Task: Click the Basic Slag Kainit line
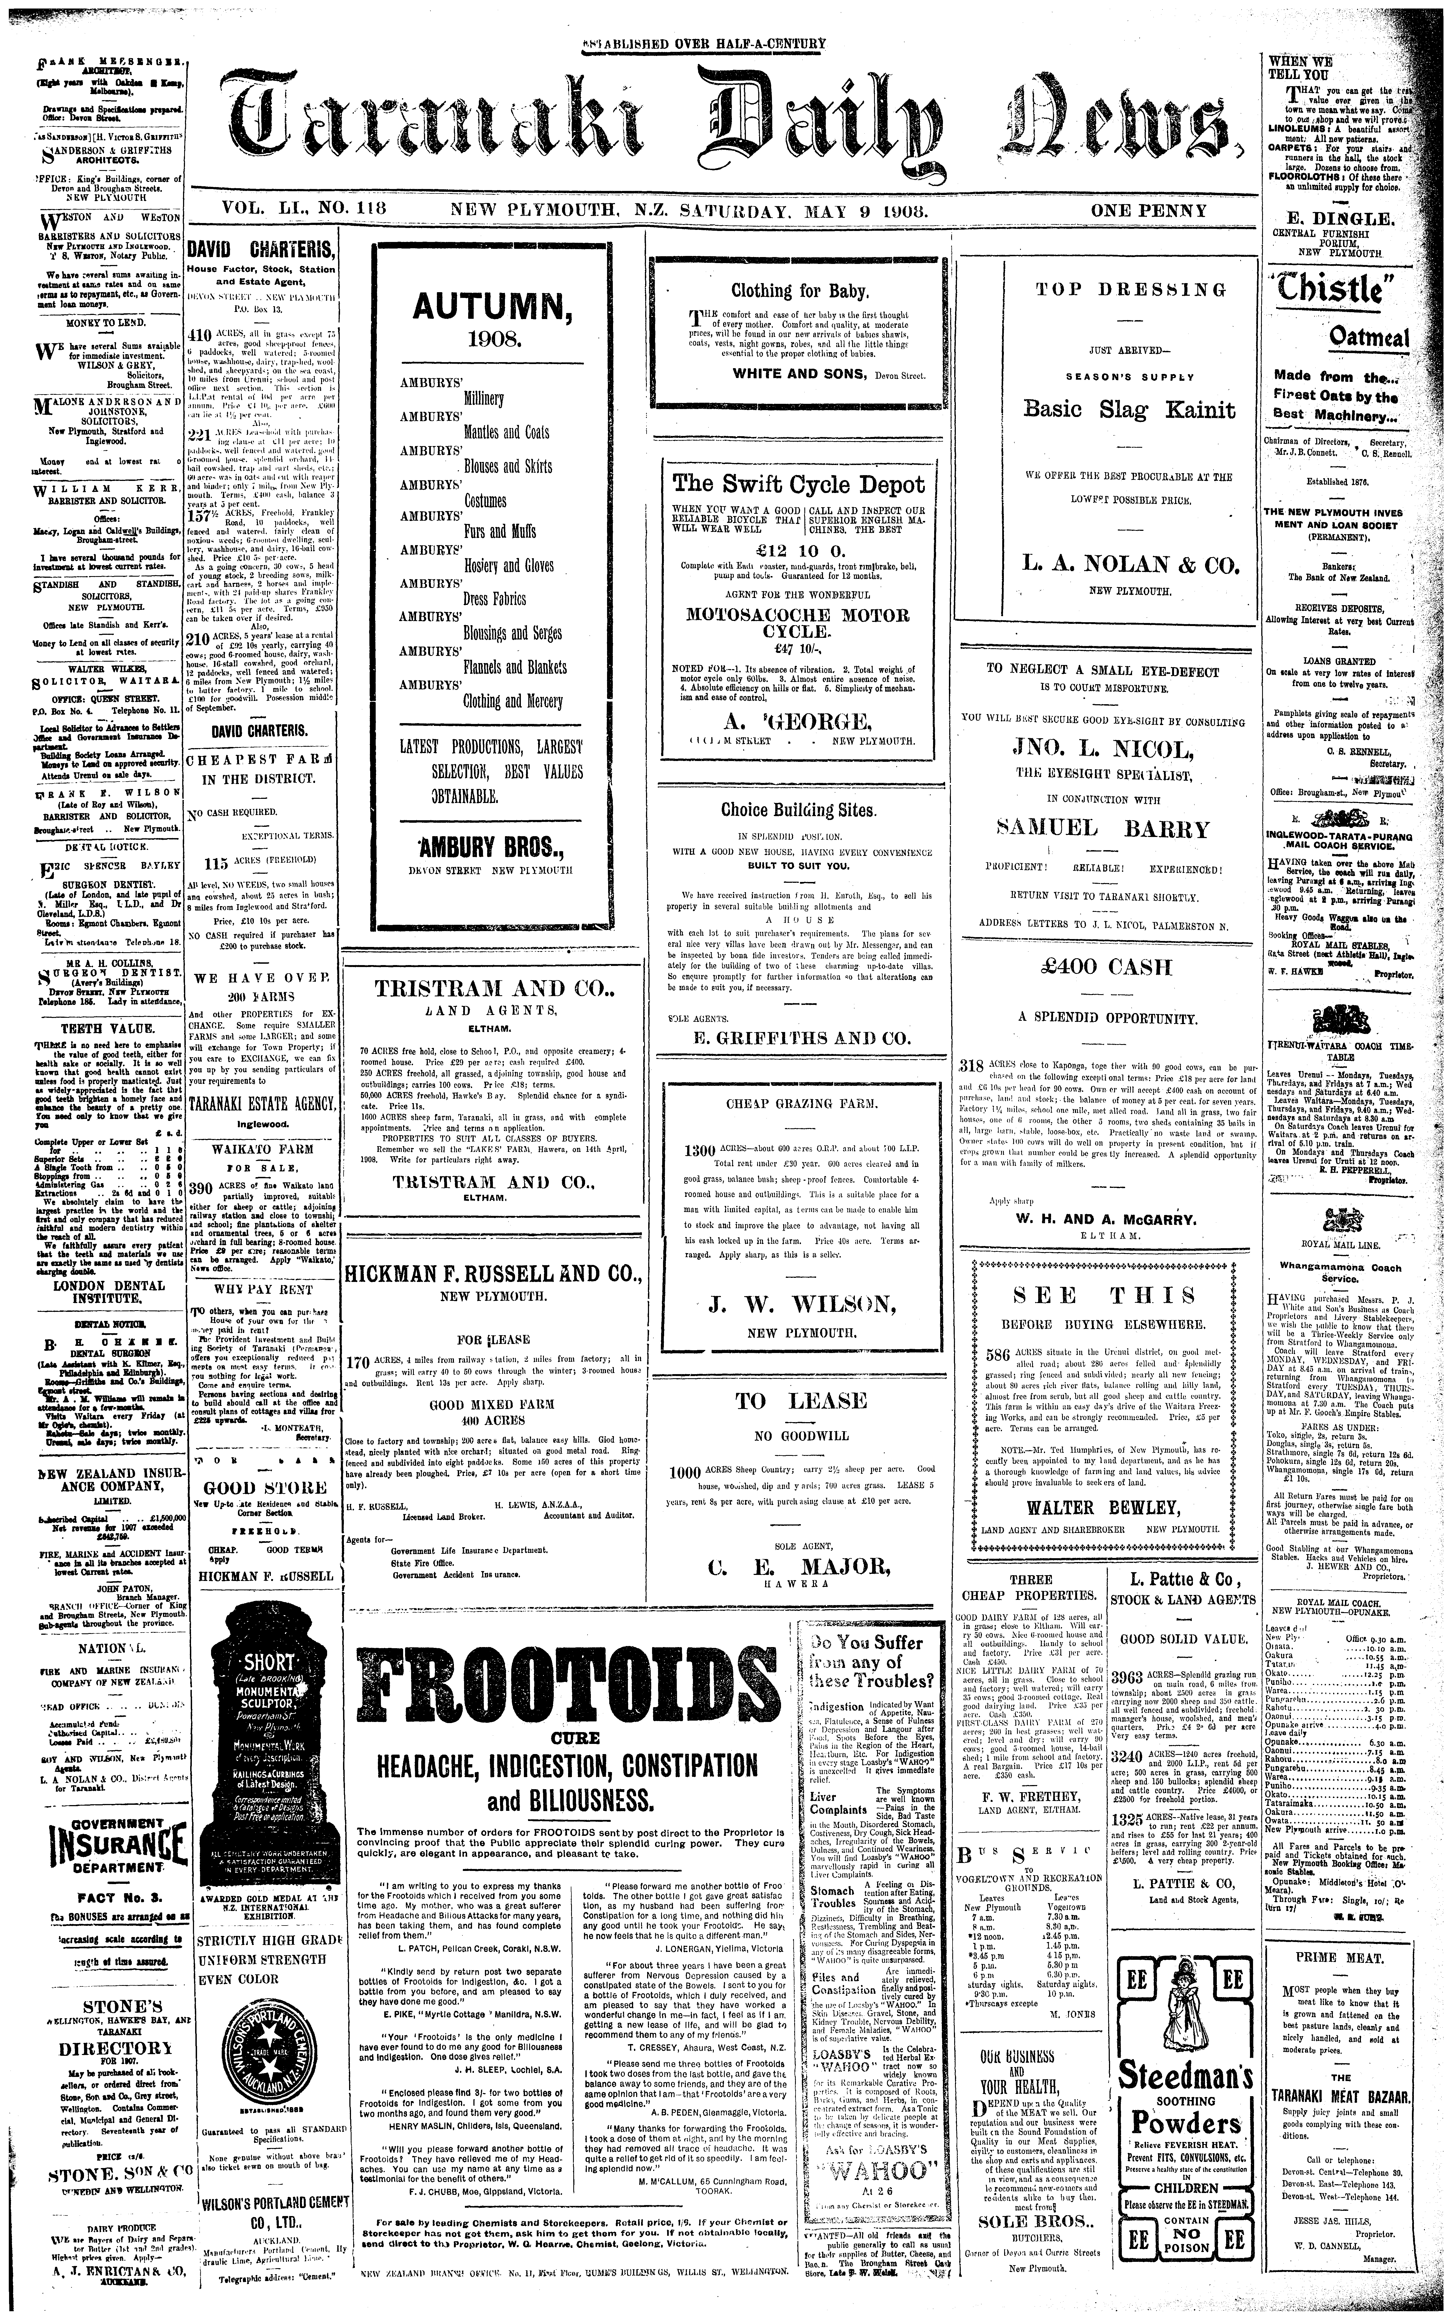[1128, 410]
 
